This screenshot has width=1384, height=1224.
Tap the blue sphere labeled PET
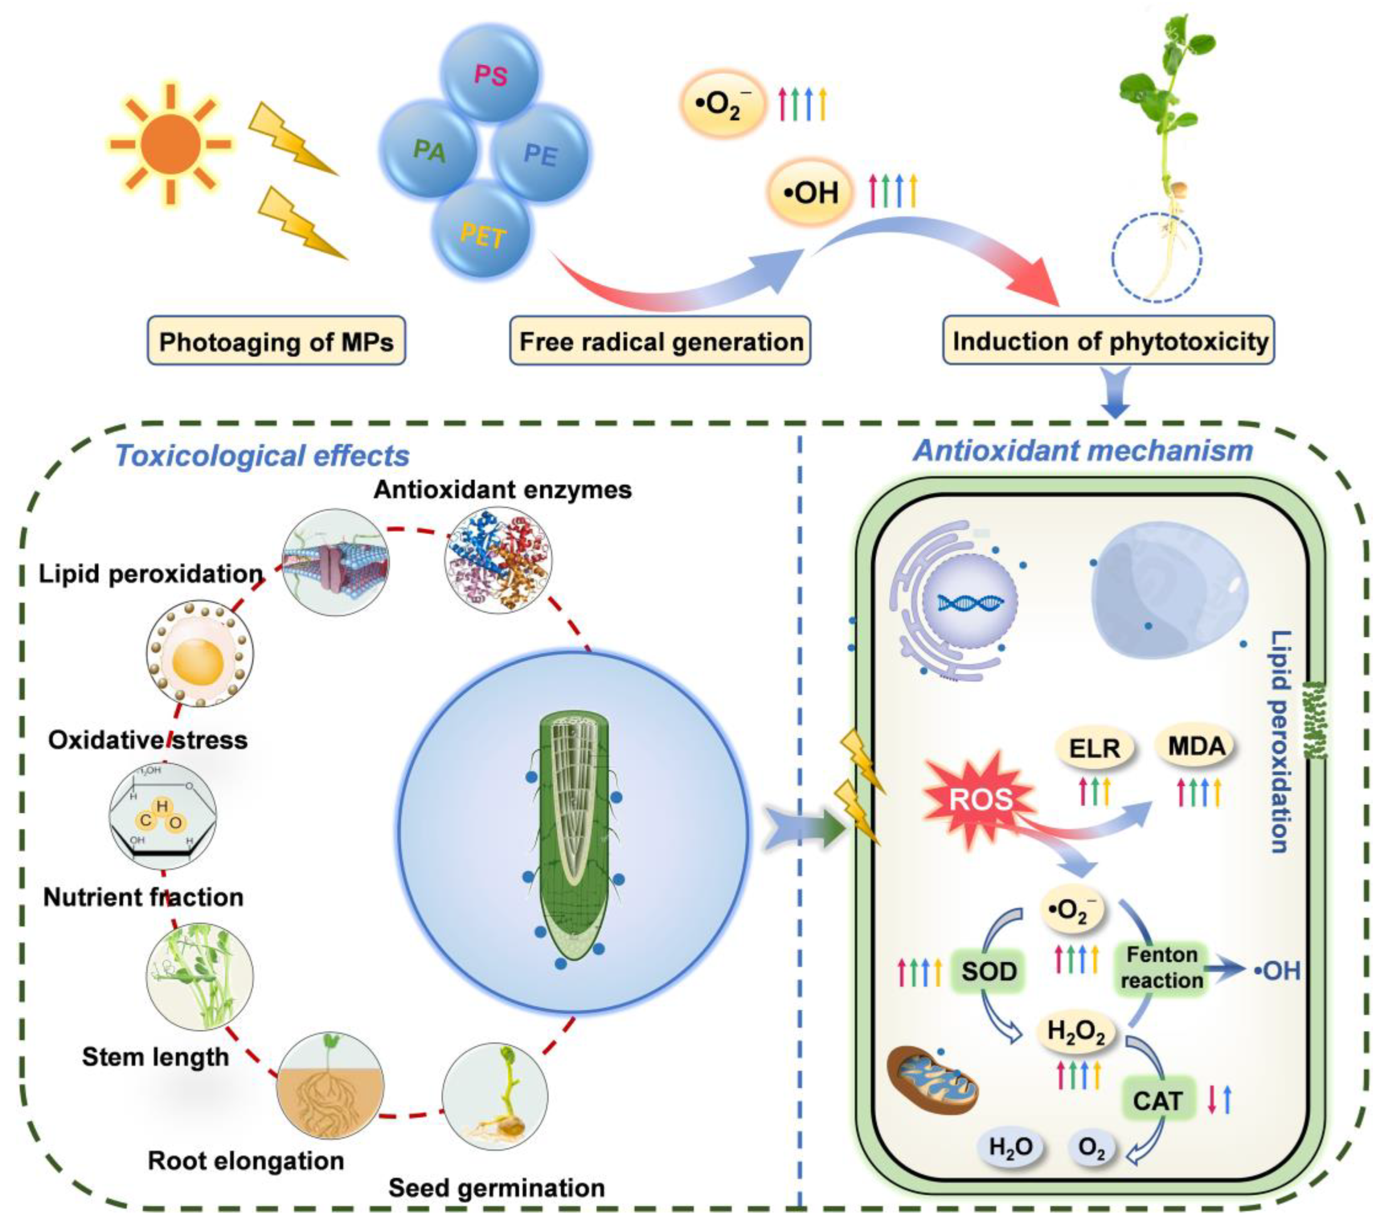482,232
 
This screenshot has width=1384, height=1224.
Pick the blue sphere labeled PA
429,150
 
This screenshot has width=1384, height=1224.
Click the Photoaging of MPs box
276,341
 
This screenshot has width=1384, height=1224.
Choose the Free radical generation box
660,341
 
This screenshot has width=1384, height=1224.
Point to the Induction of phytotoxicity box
1109,341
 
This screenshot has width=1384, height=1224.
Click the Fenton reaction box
1162,967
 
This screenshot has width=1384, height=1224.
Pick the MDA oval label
1196,747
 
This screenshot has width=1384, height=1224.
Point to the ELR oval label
1094,748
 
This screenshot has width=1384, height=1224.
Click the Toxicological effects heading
263,456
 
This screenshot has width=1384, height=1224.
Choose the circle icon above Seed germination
495,1095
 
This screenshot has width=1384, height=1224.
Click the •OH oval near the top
810,194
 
